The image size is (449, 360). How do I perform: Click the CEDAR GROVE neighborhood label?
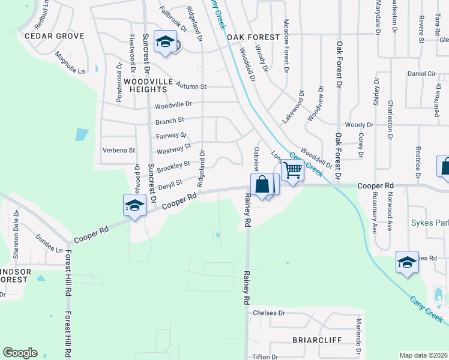tap(55, 36)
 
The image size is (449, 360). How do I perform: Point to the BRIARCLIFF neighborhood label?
tap(316, 340)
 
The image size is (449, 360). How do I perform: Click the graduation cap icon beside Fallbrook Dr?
tap(165, 42)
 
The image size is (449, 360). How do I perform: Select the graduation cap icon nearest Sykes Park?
tap(407, 262)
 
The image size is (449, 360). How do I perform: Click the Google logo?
tap(20, 353)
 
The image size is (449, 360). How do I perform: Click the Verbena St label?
tap(119, 150)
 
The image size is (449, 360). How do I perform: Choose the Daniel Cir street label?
tap(421, 73)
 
